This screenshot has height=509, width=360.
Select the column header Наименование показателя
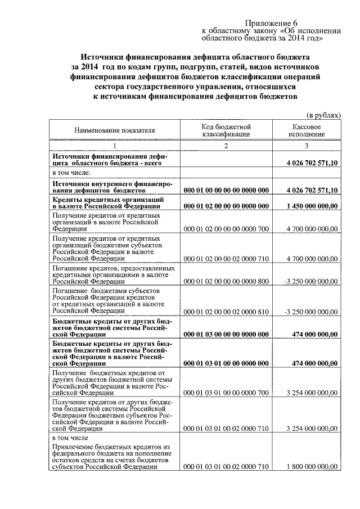[x=114, y=130]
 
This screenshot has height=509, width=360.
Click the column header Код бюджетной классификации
[x=226, y=130]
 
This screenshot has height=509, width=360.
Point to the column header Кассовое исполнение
[x=307, y=130]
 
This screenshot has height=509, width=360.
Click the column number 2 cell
[x=226, y=146]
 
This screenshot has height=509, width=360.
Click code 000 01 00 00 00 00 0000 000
[x=226, y=191]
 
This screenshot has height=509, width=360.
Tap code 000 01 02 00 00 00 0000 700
[x=226, y=229]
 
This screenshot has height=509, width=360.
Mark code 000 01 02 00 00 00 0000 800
[x=226, y=281]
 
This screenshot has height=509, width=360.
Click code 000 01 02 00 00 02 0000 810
[x=226, y=310]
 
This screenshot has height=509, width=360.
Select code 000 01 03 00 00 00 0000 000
[x=226, y=334]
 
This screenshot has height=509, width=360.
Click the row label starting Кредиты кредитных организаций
[x=108, y=203]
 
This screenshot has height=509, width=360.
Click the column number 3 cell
[x=307, y=146]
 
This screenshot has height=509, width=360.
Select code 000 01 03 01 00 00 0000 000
[x=226, y=363]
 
